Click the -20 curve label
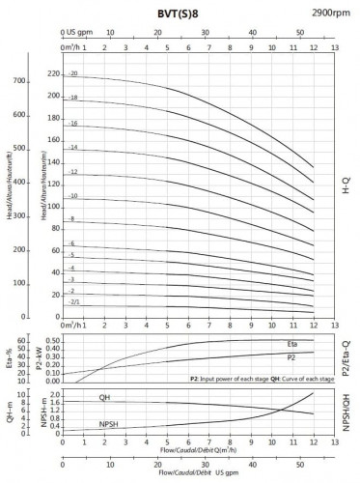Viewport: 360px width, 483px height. click(x=71, y=74)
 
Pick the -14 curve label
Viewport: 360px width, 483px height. click(x=71, y=147)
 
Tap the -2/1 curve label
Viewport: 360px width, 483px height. click(x=73, y=302)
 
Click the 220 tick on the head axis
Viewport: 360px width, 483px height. click(x=52, y=74)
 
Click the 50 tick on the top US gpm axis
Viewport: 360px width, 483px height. click(x=299, y=31)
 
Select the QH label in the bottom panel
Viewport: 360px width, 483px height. click(x=104, y=397)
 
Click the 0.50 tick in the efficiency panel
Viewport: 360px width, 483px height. click(x=53, y=341)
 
